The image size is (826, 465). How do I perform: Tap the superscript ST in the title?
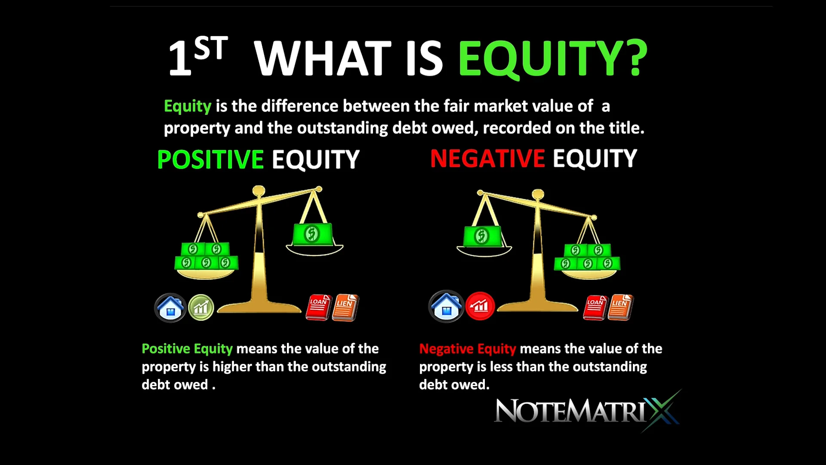click(x=210, y=48)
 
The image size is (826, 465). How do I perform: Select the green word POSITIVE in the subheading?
click(x=210, y=159)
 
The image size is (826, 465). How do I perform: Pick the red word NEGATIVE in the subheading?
click(x=487, y=158)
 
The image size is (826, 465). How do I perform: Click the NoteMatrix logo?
click(x=587, y=411)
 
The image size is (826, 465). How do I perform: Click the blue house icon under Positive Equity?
click(x=170, y=308)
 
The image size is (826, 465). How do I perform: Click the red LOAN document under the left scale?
click(x=318, y=307)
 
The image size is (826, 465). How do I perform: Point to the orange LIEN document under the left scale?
click(x=345, y=307)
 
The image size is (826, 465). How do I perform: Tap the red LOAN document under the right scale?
click(x=595, y=307)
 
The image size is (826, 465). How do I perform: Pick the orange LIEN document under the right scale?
click(x=620, y=307)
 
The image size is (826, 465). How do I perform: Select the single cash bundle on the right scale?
click(x=482, y=236)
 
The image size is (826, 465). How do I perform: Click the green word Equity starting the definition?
click(x=188, y=106)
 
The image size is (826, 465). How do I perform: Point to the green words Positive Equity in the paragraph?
click(x=187, y=348)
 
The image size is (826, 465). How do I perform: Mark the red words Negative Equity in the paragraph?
click(x=468, y=348)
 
